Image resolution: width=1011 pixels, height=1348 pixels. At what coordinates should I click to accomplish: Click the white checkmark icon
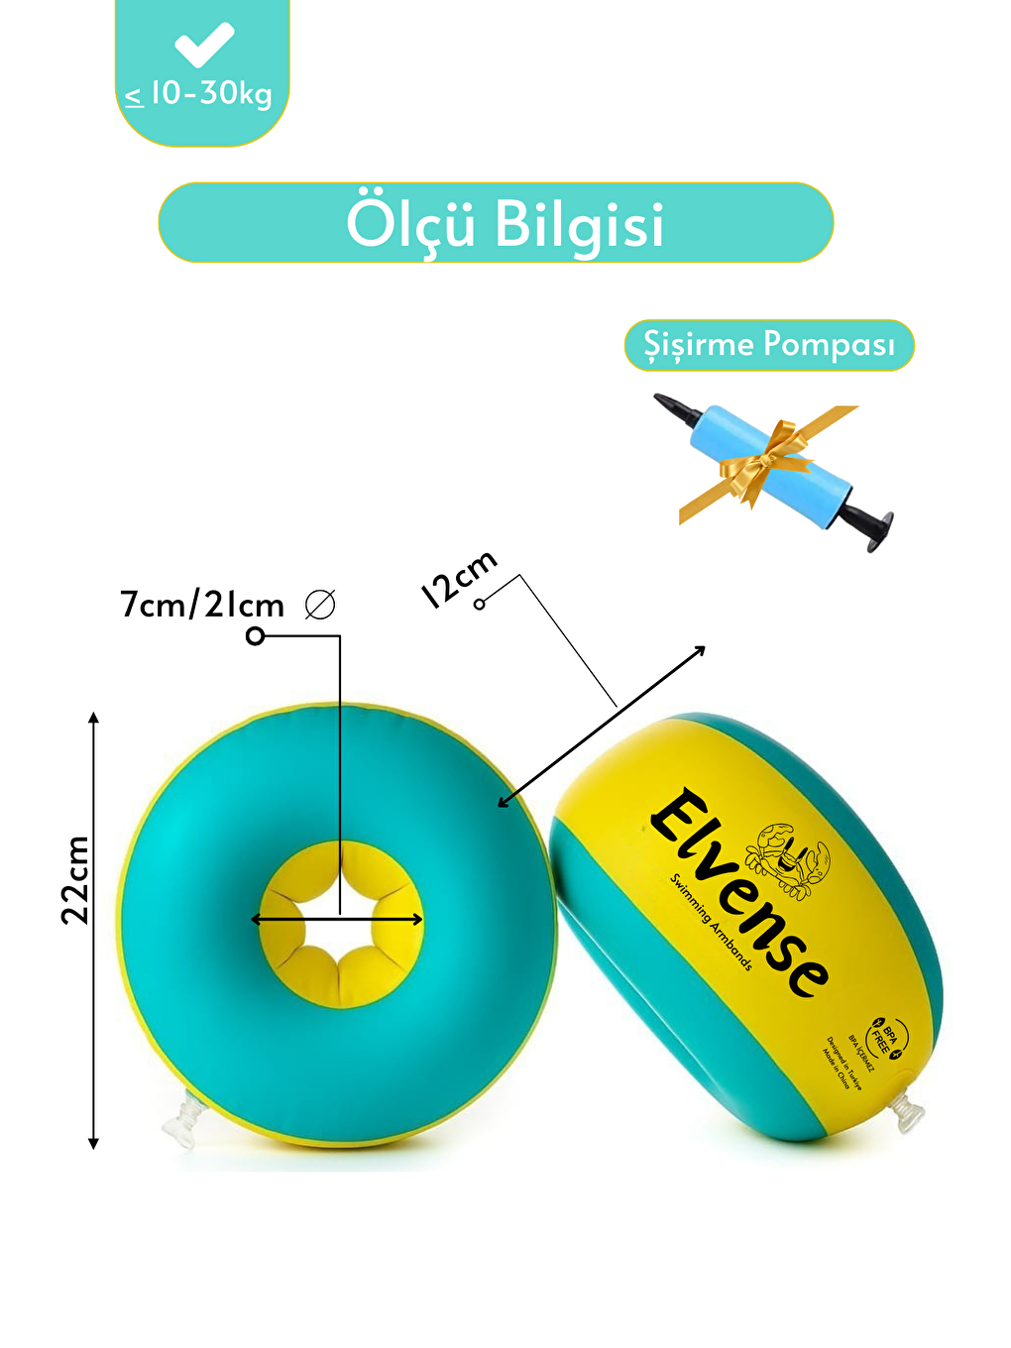click(x=203, y=45)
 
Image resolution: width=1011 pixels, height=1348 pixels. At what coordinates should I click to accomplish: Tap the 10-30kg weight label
click(x=199, y=94)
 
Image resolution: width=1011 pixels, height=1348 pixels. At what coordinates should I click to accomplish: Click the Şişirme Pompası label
click(x=768, y=345)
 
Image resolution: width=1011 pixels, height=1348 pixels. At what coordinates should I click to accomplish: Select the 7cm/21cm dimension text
click(x=202, y=604)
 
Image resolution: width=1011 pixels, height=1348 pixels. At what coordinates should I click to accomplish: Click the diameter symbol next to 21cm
click(x=320, y=604)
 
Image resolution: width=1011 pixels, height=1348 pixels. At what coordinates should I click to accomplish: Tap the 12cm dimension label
click(x=458, y=579)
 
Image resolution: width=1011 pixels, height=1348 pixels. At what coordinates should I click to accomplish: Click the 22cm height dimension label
click(x=75, y=880)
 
